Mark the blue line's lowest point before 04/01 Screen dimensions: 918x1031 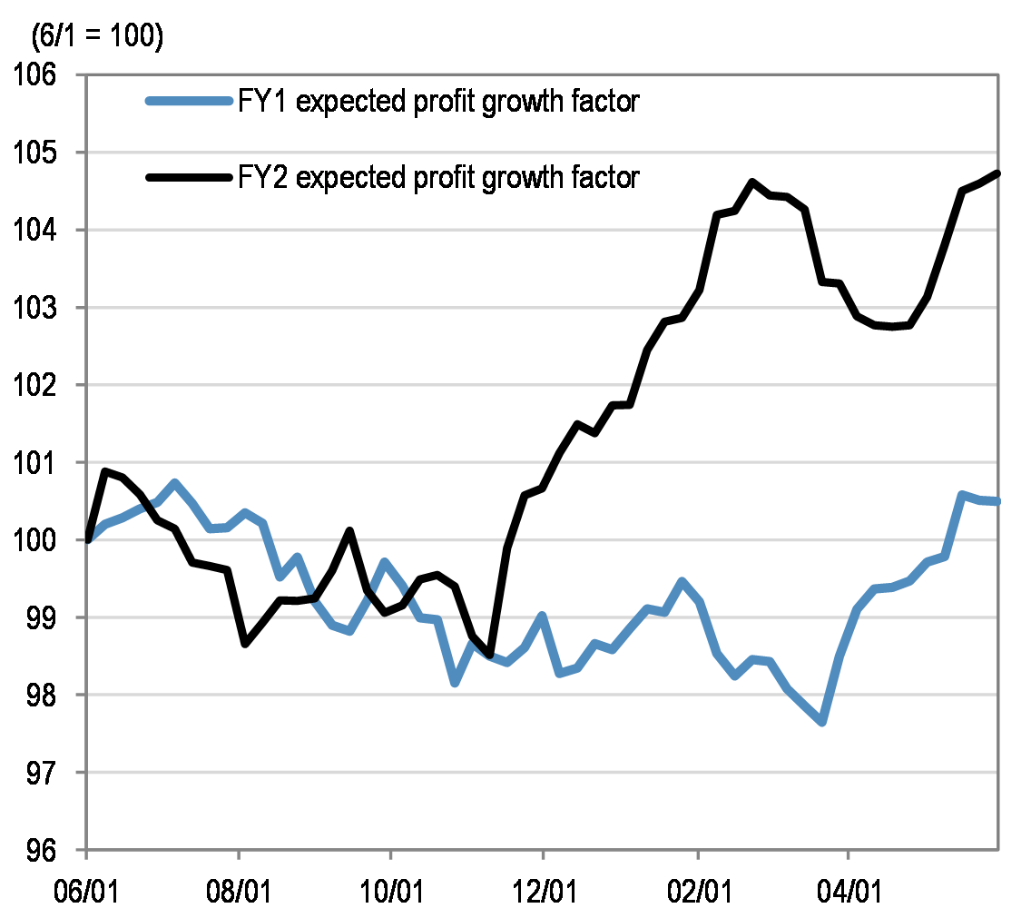tap(821, 722)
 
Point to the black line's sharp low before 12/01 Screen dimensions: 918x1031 tap(490, 654)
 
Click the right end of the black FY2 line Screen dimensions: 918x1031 tap(997, 173)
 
